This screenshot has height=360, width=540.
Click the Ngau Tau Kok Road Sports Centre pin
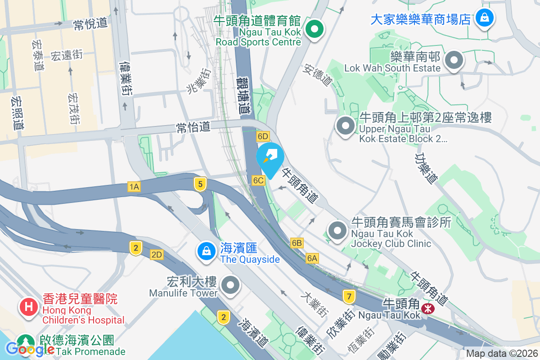(315, 30)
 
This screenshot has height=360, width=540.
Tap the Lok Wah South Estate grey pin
(454, 60)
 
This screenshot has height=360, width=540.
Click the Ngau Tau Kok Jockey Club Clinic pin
(337, 231)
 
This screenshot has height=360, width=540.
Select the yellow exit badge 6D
(263, 136)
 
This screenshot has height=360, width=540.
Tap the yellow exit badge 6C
(258, 180)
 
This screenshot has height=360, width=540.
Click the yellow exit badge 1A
(134, 187)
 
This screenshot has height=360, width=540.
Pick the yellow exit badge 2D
(157, 255)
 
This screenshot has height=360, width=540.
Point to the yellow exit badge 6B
(297, 243)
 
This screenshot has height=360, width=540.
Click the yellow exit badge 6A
(312, 258)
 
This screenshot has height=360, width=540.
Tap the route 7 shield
(349, 296)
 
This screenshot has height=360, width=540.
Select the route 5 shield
(200, 183)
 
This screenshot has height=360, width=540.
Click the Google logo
(31, 349)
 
